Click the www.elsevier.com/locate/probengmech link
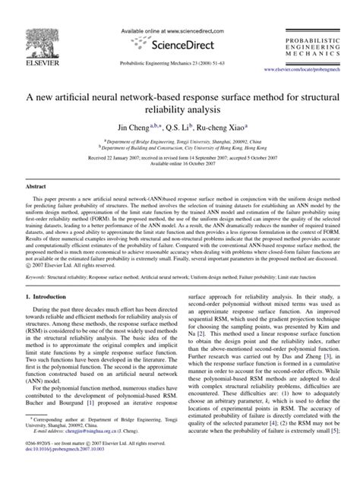pyautogui.click(x=306, y=69)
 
